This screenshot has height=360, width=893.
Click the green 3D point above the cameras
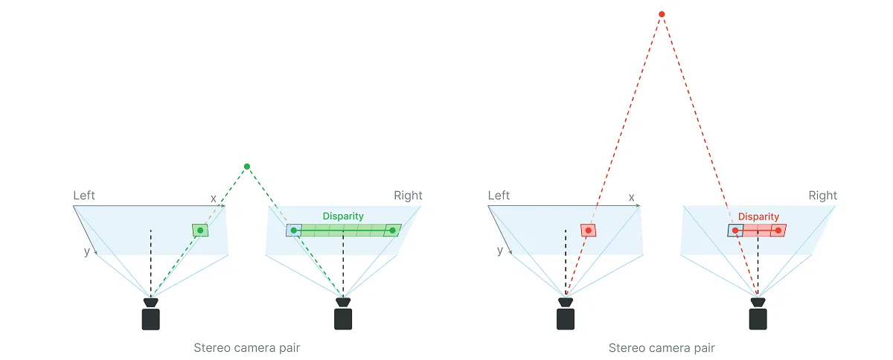point(247,166)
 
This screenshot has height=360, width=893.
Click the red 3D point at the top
point(662,14)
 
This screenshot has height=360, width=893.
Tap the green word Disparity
point(343,216)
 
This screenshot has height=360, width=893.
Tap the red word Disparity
point(758,217)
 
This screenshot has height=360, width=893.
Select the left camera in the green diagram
point(151,315)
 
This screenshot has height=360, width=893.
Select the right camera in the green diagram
point(343,315)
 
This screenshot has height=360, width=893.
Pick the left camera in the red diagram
point(566,315)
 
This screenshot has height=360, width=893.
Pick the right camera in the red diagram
point(758,315)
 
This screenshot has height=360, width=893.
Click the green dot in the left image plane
point(200,231)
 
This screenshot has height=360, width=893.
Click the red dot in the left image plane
point(589,231)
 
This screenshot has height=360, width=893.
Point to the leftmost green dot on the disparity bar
point(294,231)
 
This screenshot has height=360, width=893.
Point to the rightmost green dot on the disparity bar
point(392,231)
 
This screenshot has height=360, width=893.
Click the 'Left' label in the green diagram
point(84,196)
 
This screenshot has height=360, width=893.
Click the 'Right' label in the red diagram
point(822,196)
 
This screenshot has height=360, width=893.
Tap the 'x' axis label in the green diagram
point(214,198)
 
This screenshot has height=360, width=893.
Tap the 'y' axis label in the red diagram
point(500,251)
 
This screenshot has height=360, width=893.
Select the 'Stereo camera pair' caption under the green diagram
point(247,347)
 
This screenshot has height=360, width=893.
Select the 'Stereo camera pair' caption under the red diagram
point(662,347)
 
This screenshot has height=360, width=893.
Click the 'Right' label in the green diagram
point(408,196)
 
